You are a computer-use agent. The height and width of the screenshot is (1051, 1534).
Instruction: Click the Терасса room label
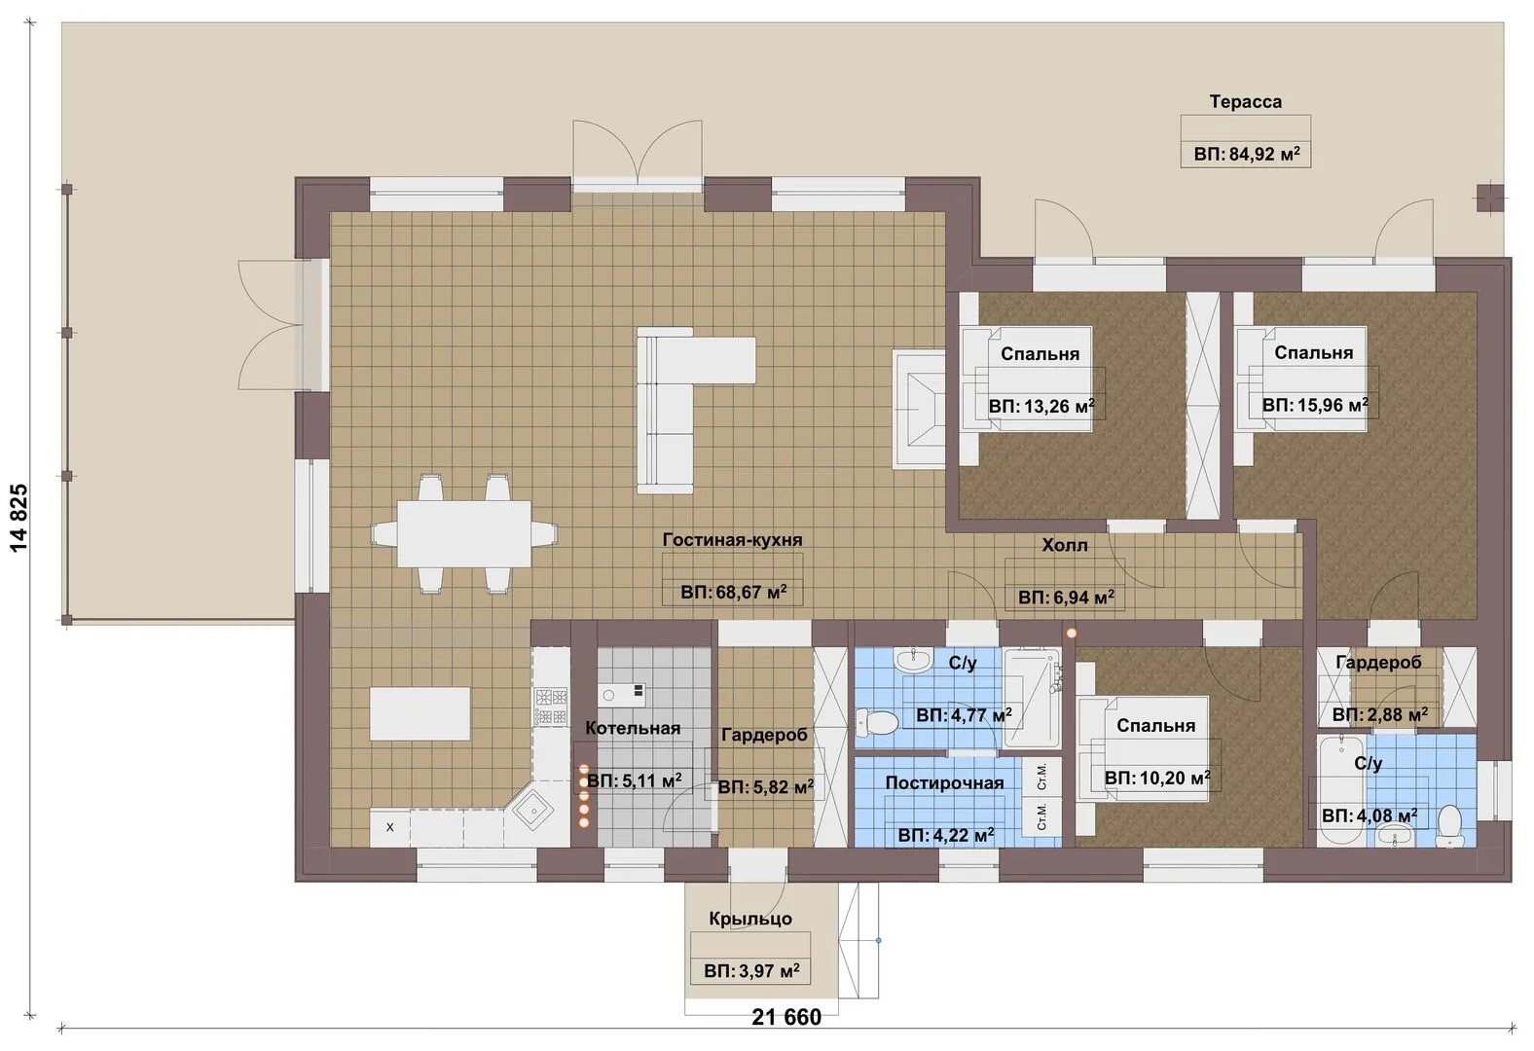coord(1245,102)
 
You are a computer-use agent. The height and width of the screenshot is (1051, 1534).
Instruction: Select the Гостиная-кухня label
coord(732,539)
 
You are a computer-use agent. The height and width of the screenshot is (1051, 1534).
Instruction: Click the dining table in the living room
coord(464,533)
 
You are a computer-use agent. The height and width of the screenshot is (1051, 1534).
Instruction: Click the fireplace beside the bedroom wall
coord(919,410)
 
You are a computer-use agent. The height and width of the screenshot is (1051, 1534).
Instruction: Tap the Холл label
coord(1064,546)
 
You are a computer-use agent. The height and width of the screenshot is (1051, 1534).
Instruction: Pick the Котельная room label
coord(633,728)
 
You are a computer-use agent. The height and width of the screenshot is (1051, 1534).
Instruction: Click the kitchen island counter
coord(420,713)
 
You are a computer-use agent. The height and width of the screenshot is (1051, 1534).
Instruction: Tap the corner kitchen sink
coord(534,812)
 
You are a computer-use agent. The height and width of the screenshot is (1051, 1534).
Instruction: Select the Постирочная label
coord(944,782)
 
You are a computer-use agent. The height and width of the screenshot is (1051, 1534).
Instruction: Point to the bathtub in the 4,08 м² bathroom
coord(1341,790)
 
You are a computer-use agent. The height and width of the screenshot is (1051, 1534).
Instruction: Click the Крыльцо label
coord(750,919)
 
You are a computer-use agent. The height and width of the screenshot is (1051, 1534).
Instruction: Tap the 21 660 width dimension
coord(786,1018)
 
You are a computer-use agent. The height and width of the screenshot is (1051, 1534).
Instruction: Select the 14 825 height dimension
coord(18,518)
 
